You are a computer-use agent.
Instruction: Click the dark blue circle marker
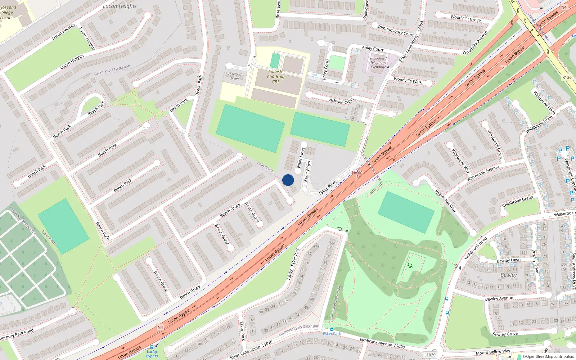point(288,180)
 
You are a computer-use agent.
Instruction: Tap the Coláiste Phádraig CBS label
point(276,77)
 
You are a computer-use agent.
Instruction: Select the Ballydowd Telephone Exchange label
point(378,63)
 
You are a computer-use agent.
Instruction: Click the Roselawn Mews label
point(235,76)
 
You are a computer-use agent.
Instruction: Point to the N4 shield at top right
point(564,7)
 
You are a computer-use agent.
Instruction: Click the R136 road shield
point(567,77)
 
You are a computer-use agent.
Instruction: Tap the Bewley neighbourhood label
point(508,275)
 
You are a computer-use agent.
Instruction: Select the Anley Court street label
point(373,48)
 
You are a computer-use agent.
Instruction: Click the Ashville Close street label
point(342,101)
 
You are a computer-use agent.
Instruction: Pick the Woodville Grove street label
point(465,18)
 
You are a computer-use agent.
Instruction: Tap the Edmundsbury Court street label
point(395,30)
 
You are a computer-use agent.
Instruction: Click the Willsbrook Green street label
point(518,202)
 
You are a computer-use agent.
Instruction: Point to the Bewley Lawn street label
point(508,260)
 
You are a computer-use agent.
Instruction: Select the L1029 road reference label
point(430,355)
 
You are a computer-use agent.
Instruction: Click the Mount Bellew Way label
point(493,352)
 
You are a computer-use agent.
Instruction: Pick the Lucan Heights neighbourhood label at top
point(120,6)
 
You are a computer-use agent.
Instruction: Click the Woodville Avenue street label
point(475,42)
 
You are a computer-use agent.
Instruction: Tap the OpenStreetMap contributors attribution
point(548,357)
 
